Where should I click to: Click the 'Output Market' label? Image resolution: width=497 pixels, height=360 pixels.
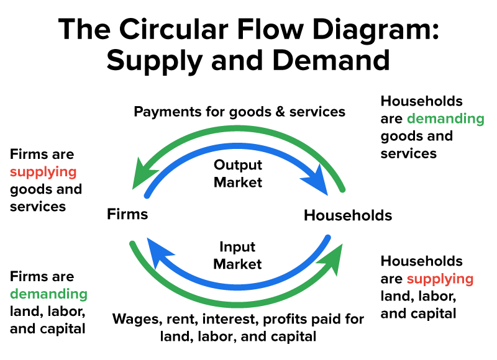pyautogui.click(x=238, y=174)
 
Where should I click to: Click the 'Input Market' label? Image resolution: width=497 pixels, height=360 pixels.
pyautogui.click(x=238, y=255)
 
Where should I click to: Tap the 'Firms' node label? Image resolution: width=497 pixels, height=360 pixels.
pyautogui.click(x=127, y=215)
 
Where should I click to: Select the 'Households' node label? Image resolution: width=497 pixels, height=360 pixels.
pyautogui.click(x=348, y=215)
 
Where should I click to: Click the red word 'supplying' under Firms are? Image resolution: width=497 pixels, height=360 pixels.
pyautogui.click(x=43, y=171)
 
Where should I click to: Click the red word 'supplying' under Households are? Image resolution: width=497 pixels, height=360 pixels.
pyautogui.click(x=440, y=279)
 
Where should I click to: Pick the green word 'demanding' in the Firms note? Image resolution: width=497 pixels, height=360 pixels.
pyautogui.click(x=48, y=294)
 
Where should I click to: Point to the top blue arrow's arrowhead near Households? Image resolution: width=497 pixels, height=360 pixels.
pyautogui.click(x=317, y=180)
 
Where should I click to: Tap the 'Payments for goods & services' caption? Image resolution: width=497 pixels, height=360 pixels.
pyautogui.click(x=240, y=112)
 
